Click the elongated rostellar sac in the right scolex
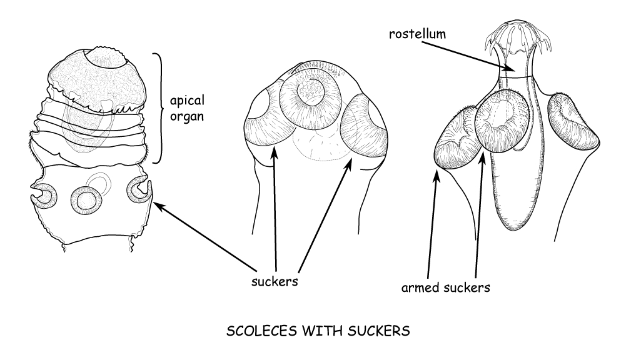[514, 187]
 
